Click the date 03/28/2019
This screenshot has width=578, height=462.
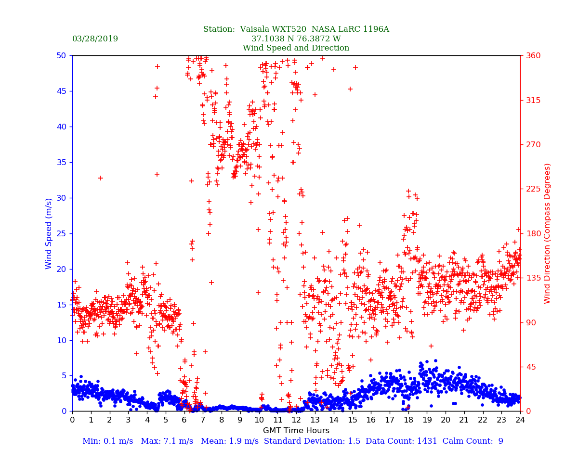point(95,39)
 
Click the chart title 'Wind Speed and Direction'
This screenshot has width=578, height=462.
point(296,48)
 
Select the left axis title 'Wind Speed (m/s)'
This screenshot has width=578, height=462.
point(49,233)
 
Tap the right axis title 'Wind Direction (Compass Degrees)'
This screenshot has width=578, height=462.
point(547,233)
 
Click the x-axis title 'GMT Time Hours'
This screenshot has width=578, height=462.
point(296,431)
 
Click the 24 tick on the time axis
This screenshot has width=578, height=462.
point(520,420)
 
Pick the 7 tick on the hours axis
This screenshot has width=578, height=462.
point(203,420)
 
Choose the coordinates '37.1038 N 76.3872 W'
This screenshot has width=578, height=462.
point(296,39)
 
